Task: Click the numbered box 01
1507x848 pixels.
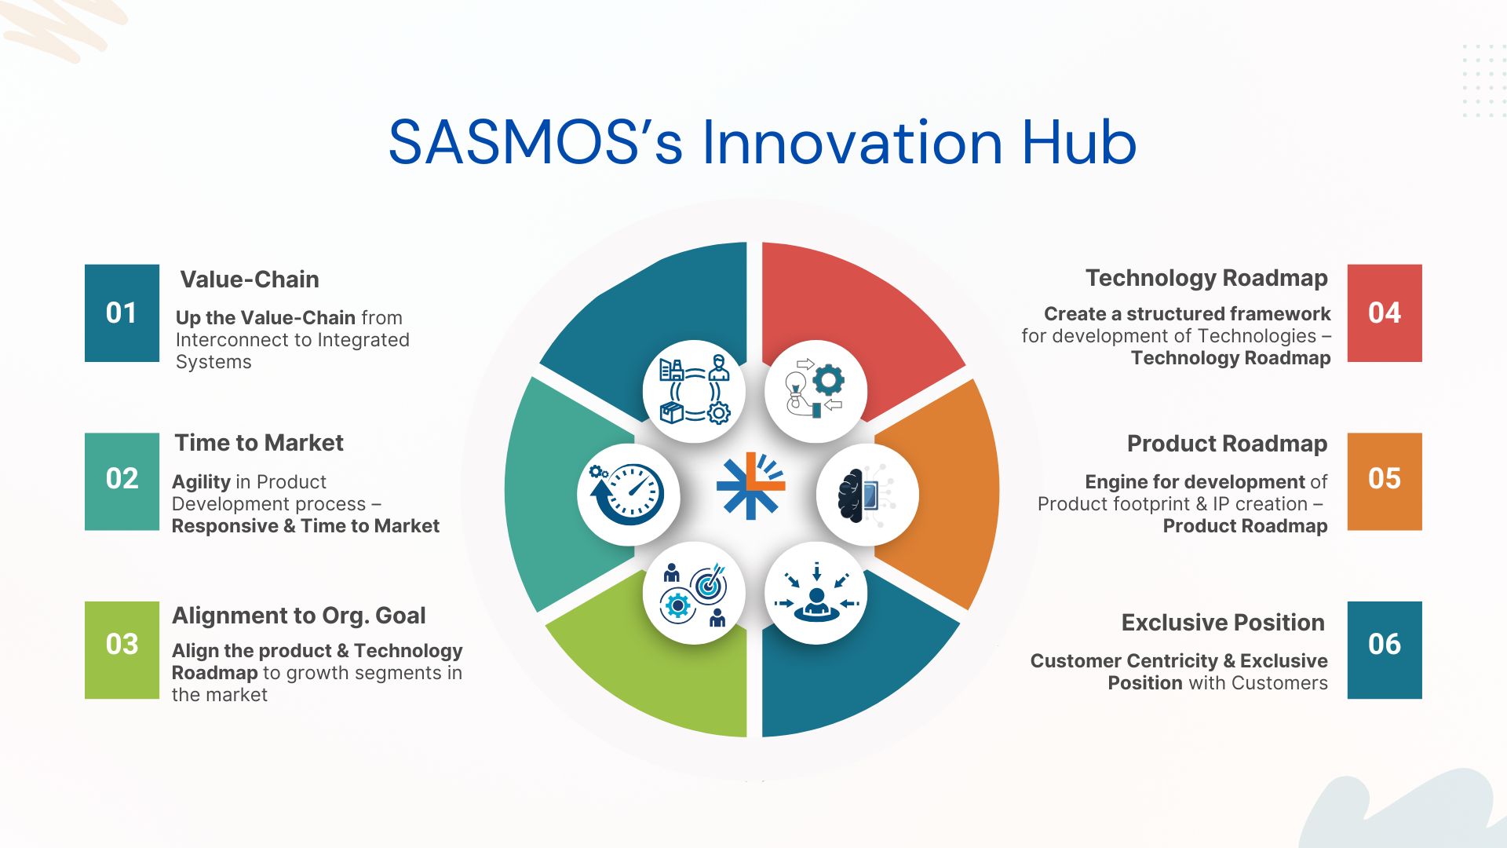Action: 122,313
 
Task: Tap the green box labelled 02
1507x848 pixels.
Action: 122,481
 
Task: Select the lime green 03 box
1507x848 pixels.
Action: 122,650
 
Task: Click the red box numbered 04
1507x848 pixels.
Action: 1385,313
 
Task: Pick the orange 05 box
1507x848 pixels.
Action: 1385,481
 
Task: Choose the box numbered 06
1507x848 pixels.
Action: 1385,650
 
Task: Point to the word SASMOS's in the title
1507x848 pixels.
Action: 535,143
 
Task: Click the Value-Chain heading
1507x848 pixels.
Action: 250,280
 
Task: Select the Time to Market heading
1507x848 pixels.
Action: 259,443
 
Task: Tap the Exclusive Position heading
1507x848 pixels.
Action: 1223,623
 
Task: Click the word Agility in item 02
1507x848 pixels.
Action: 201,482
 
